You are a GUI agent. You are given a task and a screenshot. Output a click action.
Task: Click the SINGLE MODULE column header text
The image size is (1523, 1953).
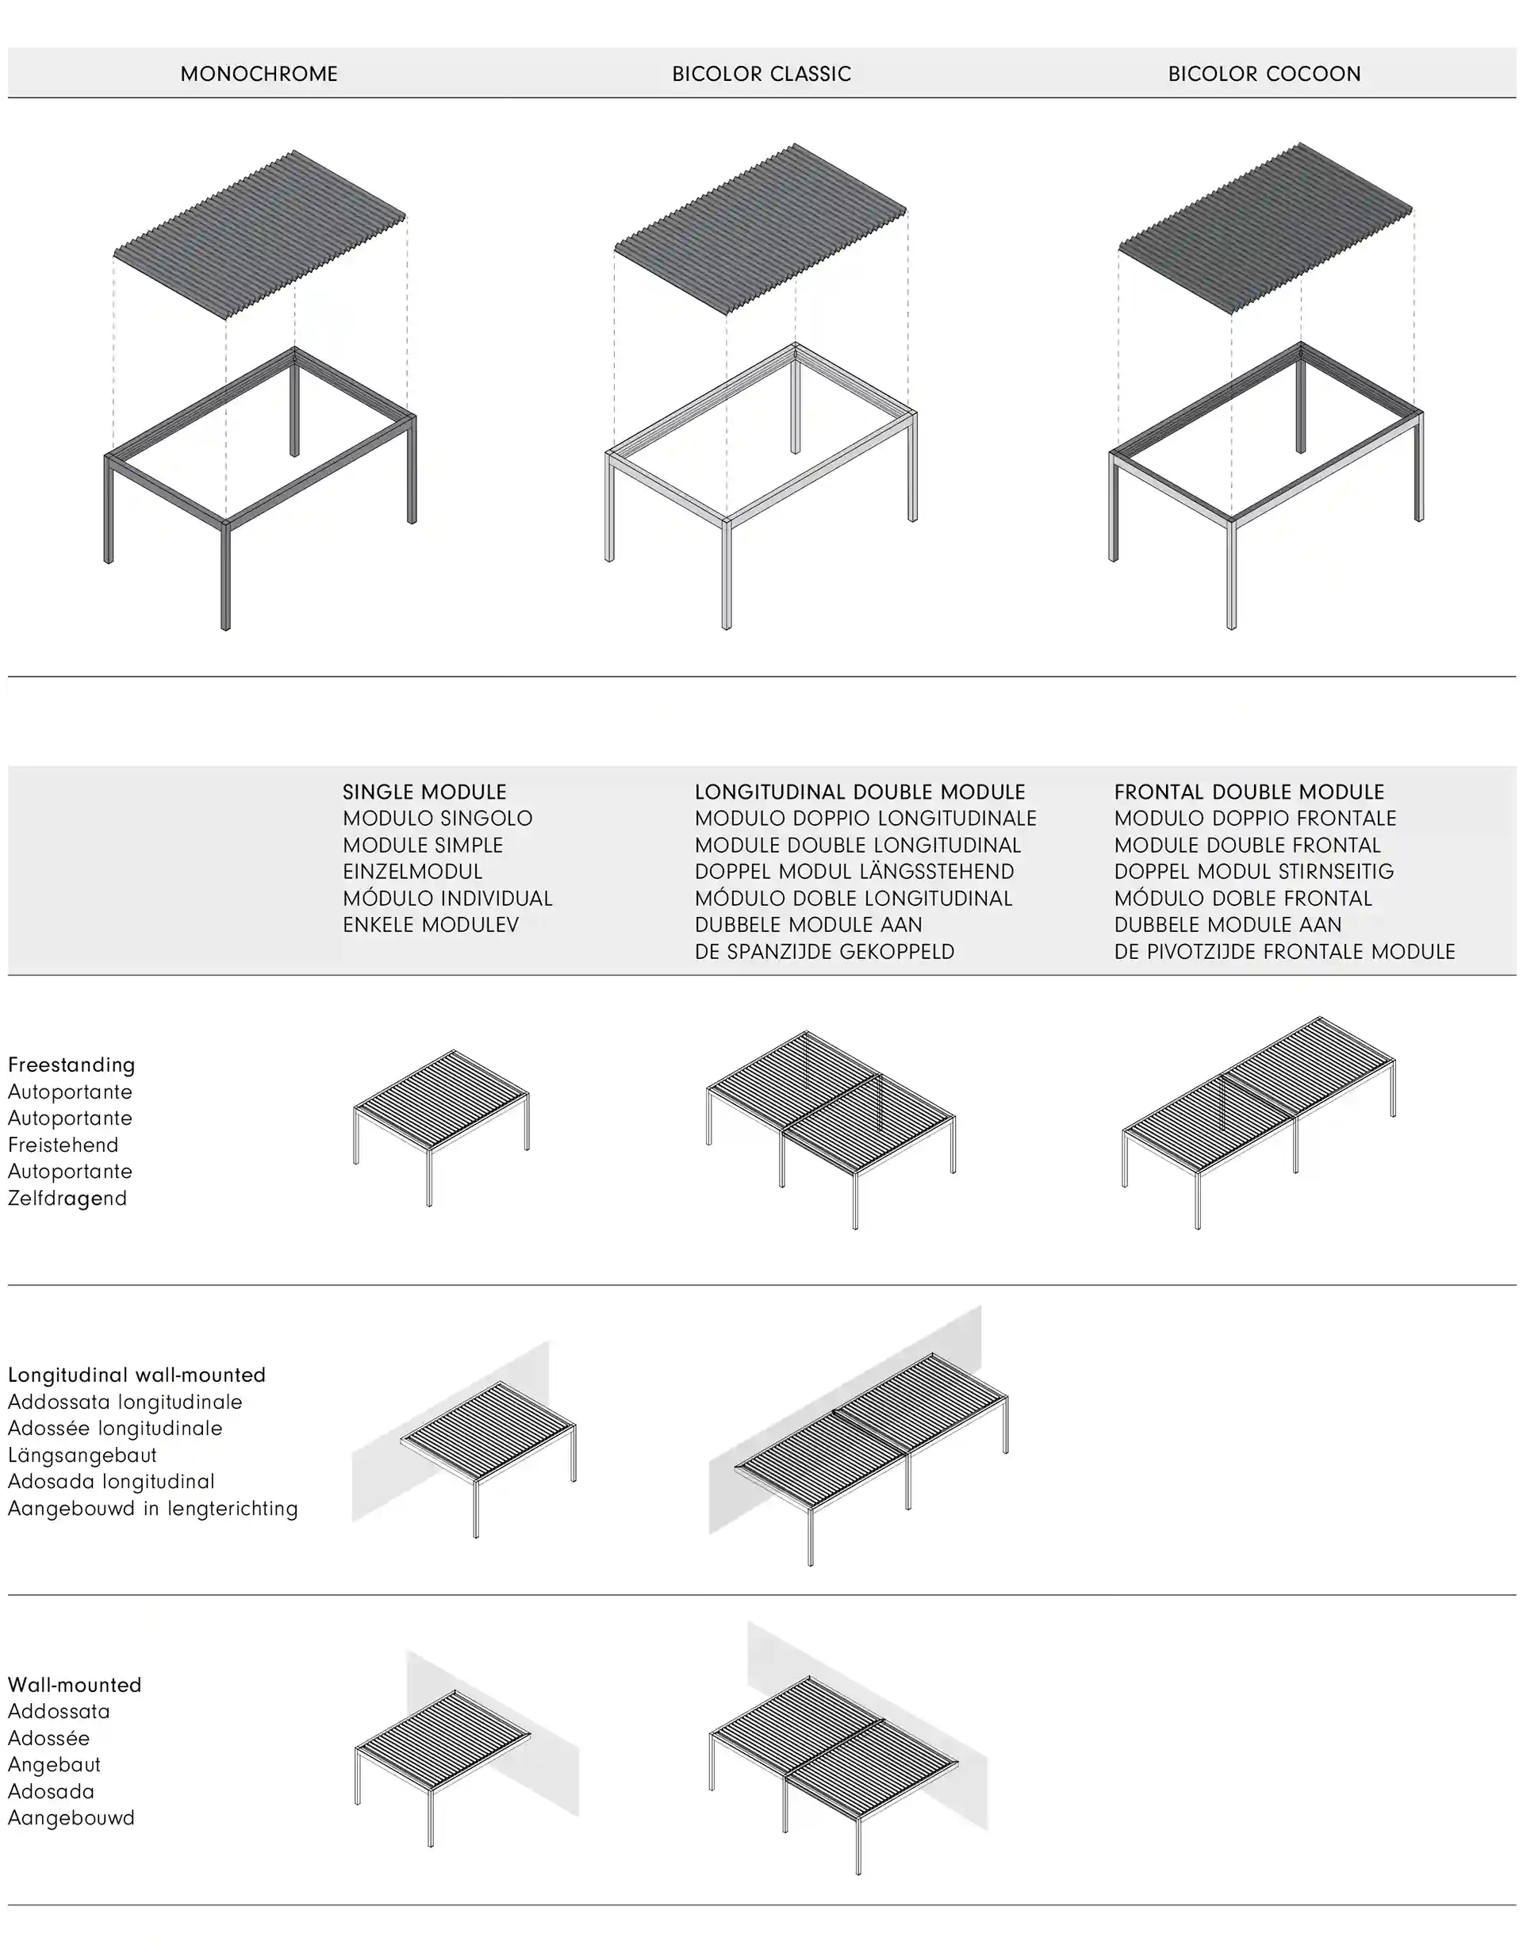tap(425, 792)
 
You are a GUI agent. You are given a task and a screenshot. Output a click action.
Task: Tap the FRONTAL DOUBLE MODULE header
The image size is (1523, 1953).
tap(1249, 792)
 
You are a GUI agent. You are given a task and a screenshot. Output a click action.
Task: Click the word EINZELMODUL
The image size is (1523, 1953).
tap(412, 872)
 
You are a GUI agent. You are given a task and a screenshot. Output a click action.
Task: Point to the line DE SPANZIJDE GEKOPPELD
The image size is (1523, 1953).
tap(824, 951)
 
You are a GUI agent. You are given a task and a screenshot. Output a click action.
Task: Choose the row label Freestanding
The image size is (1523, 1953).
tap(71, 1065)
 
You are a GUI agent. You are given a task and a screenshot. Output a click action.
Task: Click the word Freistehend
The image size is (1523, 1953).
tap(63, 1145)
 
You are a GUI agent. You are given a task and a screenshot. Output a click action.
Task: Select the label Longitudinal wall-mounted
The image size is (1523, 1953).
tap(136, 1376)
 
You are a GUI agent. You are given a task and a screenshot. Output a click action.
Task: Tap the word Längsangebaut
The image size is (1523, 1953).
tap(82, 1456)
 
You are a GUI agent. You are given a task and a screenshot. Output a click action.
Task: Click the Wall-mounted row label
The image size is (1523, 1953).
tap(75, 1686)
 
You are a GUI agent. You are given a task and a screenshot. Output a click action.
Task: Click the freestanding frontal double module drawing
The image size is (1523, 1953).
tap(1259, 1122)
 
